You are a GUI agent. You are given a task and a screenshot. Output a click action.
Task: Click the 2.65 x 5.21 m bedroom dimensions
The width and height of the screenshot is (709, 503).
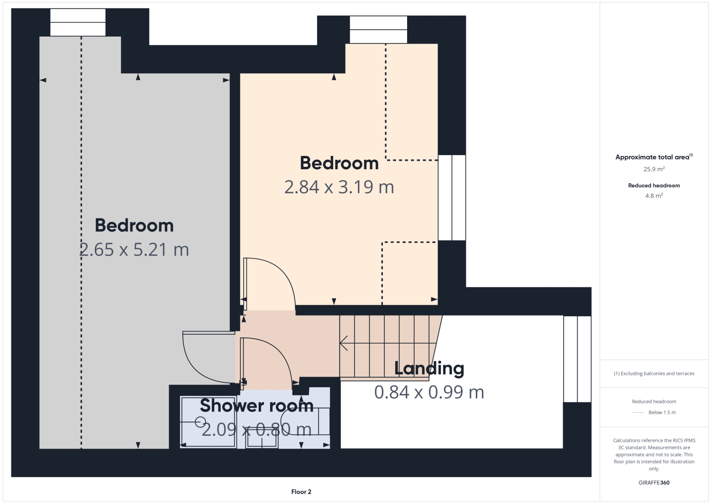tap(134, 249)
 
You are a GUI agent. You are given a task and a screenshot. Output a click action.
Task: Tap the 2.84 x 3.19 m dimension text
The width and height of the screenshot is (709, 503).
tap(339, 187)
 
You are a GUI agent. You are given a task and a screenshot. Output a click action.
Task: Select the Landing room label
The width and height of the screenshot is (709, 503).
tap(429, 368)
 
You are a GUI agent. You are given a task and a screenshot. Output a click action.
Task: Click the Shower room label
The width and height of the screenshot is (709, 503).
tap(256, 406)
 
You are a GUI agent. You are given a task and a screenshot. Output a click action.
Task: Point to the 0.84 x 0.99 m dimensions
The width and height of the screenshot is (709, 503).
tap(429, 393)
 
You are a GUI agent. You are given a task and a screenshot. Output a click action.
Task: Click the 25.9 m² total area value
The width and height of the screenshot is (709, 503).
tap(654, 169)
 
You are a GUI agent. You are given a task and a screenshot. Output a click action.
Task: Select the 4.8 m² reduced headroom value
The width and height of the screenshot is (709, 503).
tap(654, 196)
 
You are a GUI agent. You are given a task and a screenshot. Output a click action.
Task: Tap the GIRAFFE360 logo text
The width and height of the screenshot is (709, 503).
tap(654, 483)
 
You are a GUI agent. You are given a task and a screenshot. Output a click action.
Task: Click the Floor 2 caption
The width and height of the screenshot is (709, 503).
tap(301, 492)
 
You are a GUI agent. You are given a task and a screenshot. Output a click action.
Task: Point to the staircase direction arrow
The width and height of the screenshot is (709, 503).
tap(345, 343)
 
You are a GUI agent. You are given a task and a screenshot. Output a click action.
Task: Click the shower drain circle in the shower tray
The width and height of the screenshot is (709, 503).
tap(200, 421)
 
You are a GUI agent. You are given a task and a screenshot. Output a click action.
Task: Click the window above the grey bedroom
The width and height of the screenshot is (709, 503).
tap(78, 22)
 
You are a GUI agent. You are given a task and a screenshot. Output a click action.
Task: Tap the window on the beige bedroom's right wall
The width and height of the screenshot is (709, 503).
tap(452, 197)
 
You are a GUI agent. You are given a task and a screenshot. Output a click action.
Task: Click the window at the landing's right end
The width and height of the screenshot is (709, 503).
tap(577, 359)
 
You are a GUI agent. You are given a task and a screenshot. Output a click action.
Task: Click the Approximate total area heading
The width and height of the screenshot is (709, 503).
tap(654, 157)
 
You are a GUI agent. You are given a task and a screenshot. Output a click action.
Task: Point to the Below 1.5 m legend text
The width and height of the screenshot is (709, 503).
tap(662, 412)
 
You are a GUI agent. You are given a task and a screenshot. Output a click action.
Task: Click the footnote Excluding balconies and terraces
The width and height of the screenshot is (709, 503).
tap(654, 374)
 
